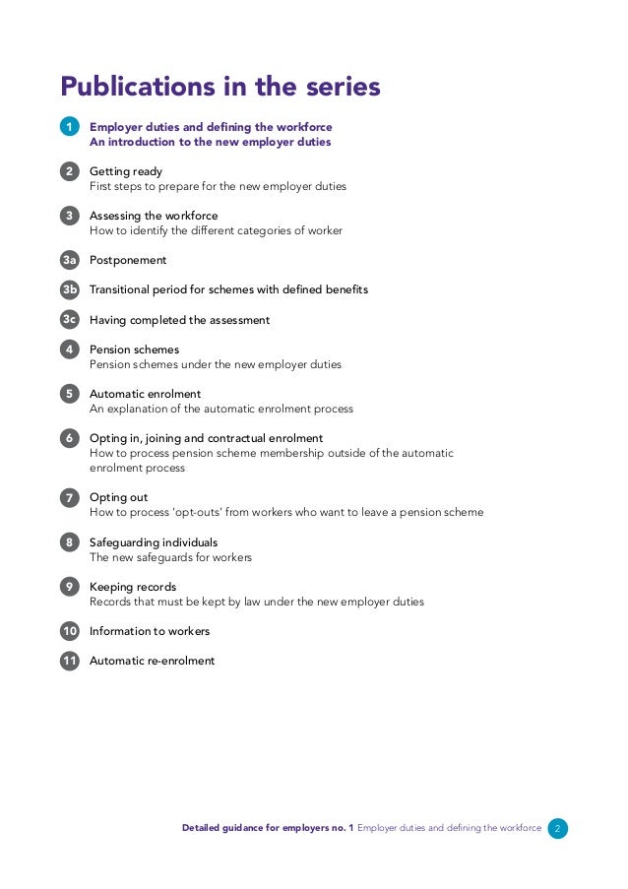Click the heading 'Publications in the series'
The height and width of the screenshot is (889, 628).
click(220, 87)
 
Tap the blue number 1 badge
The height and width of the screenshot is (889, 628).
click(70, 127)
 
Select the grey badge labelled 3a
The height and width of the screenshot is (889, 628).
click(70, 260)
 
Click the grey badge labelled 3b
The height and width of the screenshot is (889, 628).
click(70, 289)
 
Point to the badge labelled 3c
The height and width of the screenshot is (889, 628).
click(70, 319)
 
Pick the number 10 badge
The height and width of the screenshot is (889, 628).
click(70, 631)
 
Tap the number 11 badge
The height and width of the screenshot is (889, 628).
click(70, 661)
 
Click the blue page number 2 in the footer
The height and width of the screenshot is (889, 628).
click(557, 829)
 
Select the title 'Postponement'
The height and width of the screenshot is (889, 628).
click(128, 260)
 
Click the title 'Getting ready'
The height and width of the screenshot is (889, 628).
click(126, 171)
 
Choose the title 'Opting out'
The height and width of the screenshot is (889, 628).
click(118, 497)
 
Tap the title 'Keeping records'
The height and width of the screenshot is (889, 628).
click(133, 587)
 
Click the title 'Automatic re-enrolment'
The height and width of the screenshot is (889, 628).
click(152, 661)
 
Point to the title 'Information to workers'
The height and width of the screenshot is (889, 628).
click(150, 631)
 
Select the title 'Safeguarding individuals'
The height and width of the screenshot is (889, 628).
click(154, 542)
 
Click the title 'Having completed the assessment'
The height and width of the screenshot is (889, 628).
click(179, 320)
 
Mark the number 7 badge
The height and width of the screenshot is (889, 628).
click(70, 497)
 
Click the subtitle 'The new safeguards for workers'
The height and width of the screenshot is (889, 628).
click(170, 557)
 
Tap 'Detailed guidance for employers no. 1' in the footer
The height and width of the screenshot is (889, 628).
click(268, 829)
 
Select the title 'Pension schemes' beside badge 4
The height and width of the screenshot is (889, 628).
click(134, 349)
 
